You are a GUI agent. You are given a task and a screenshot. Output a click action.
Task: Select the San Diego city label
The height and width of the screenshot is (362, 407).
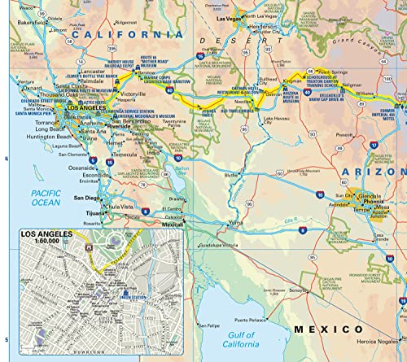(90, 197)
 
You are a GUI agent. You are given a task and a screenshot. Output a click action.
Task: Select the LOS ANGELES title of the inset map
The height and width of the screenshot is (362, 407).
(42, 233)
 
